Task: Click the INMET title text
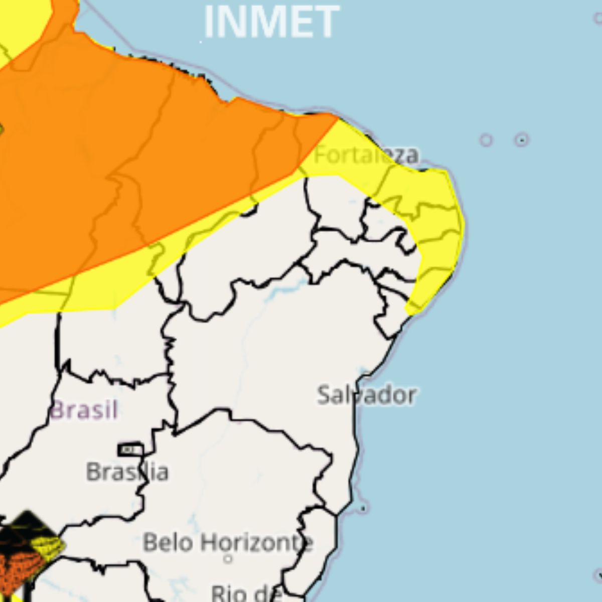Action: (271, 22)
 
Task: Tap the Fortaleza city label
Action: (366, 155)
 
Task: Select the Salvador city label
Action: (367, 395)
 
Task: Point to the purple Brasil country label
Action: (84, 410)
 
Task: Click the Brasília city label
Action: (127, 472)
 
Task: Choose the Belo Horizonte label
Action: (228, 543)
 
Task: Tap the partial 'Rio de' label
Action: (246, 593)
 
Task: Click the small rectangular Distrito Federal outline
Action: (130, 450)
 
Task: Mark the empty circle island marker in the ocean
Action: (486, 139)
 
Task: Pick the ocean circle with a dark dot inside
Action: (522, 139)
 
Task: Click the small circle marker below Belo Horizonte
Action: (228, 558)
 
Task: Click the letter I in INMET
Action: (208, 22)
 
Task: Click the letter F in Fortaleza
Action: (320, 155)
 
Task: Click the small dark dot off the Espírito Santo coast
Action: (363, 508)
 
